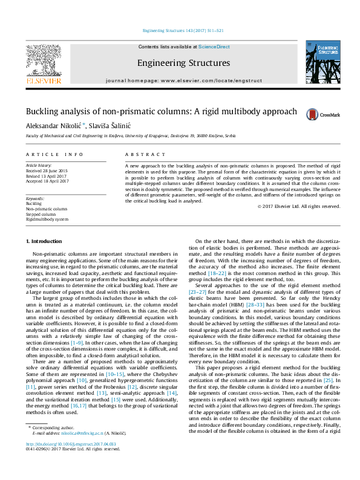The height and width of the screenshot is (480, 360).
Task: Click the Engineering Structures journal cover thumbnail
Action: [x=322, y=63]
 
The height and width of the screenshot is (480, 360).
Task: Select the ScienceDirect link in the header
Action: [x=214, y=47]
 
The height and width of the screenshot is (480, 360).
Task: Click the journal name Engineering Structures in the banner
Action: [x=183, y=63]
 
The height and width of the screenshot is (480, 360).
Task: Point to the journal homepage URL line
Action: [x=183, y=80]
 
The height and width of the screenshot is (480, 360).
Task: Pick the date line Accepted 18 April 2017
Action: [x=47, y=181]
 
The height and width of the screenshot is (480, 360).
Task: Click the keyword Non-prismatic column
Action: [x=47, y=209]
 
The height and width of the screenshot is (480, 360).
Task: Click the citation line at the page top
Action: [x=183, y=30]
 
